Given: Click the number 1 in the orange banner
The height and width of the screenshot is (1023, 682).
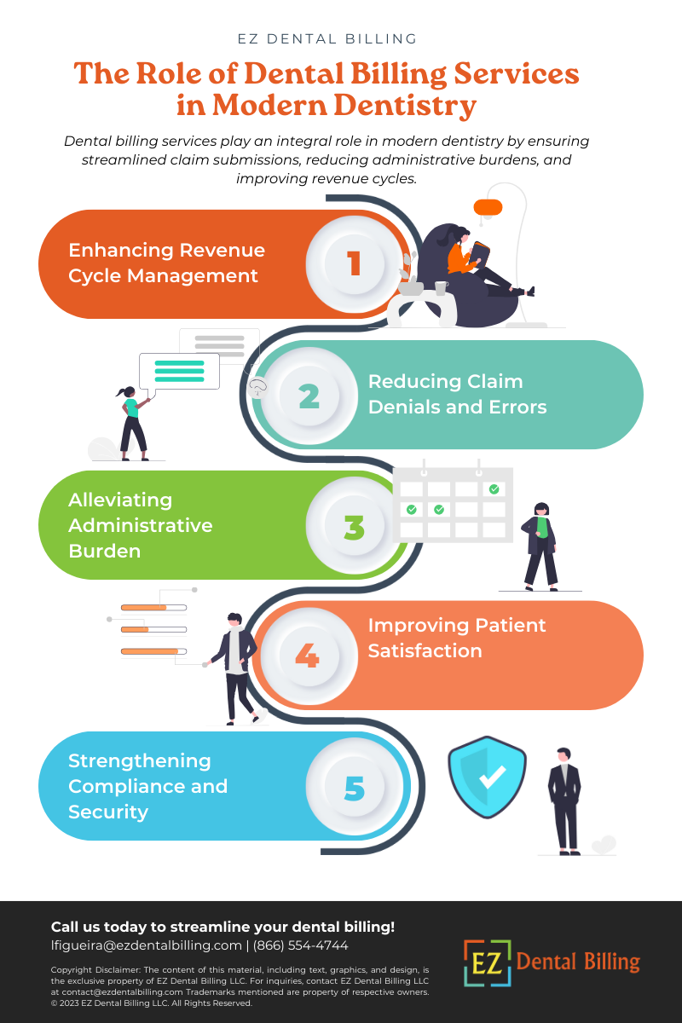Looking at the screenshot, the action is [354, 263].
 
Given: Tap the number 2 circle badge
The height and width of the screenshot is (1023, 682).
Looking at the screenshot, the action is [309, 395].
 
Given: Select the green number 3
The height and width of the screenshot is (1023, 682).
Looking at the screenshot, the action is [354, 527].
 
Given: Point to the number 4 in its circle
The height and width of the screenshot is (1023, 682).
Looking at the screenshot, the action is [307, 655].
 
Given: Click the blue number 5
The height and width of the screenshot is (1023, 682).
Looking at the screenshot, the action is [355, 789].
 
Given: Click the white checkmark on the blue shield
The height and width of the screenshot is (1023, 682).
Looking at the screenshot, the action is [492, 777].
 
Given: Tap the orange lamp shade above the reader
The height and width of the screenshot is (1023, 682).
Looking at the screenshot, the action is [488, 207].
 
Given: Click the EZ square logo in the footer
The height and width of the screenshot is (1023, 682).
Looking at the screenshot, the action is [488, 962].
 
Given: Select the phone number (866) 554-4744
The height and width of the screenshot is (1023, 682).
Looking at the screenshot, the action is [301, 945].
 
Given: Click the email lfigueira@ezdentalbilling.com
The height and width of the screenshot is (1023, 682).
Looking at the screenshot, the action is [146, 945].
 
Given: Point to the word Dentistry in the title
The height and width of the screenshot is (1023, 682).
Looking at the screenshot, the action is [405, 106].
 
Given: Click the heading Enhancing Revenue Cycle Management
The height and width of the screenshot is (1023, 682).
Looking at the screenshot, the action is [167, 263].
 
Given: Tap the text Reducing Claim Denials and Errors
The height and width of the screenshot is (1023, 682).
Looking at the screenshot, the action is [457, 394].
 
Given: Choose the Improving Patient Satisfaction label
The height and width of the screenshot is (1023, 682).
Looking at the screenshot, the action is [457, 638].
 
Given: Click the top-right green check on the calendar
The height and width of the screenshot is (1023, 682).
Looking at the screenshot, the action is [494, 489].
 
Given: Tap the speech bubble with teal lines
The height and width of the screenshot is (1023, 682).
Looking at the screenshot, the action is [179, 372].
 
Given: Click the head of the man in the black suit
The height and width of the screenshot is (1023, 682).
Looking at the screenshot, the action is [564, 755].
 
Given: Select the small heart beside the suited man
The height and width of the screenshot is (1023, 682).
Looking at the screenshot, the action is [604, 845].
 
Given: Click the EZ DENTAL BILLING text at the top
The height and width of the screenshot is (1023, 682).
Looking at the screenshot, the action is [327, 39].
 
